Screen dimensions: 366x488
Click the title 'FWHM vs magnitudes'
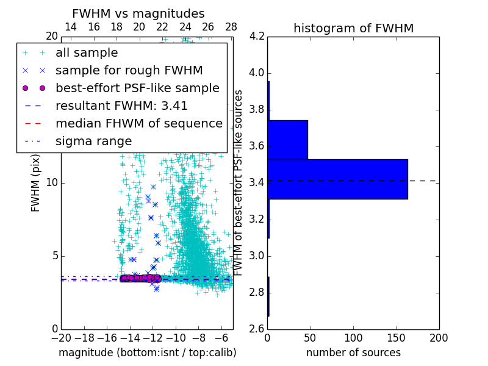point(138,14)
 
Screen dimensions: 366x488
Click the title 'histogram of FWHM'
point(353,28)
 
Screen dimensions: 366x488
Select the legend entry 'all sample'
point(87,53)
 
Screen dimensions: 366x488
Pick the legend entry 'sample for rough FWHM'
point(129,70)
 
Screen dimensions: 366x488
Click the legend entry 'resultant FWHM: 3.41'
point(121,106)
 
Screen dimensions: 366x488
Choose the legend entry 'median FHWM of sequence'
point(138,123)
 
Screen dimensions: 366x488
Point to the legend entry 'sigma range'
point(93,141)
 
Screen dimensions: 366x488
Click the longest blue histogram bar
point(337,179)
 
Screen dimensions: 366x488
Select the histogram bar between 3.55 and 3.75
point(288,140)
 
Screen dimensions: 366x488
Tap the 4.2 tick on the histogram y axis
point(256,37)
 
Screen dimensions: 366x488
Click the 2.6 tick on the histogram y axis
point(256,329)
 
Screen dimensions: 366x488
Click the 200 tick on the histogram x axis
point(439,337)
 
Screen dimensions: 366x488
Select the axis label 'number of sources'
point(353,353)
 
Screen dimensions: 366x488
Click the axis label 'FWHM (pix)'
point(36,182)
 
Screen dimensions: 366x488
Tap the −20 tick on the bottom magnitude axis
point(61,337)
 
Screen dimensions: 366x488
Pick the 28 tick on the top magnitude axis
point(231,27)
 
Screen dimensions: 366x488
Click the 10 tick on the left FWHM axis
point(52,182)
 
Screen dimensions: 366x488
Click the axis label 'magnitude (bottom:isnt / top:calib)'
point(147,353)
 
